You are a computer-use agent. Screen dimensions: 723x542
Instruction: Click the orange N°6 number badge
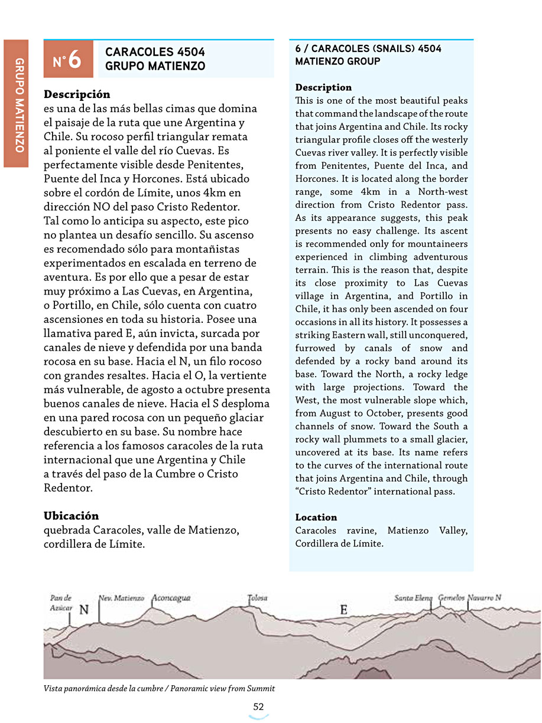68,59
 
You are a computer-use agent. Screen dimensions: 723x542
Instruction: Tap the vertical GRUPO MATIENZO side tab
17,104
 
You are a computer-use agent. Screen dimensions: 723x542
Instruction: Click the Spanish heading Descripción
77,94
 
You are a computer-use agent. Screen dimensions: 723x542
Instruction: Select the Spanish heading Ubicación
72,515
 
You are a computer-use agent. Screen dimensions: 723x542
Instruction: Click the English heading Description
323,87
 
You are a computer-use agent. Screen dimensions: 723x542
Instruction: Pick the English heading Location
316,517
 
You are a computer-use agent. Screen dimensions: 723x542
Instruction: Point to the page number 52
258,706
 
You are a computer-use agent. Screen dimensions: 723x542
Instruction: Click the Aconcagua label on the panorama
171,598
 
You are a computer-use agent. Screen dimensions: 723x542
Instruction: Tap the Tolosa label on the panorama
257,598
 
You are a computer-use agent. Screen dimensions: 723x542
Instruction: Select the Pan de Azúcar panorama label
61,602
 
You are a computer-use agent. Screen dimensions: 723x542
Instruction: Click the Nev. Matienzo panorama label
121,598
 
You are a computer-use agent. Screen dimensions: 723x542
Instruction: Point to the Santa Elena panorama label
414,598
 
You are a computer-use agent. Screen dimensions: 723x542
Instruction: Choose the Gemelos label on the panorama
451,598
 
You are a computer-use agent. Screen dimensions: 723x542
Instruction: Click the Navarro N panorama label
485,598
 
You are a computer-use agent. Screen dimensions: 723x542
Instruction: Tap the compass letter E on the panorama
343,610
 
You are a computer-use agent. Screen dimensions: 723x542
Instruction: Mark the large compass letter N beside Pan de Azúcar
84,610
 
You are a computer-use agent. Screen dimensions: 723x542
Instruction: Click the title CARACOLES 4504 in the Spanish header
155,53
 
